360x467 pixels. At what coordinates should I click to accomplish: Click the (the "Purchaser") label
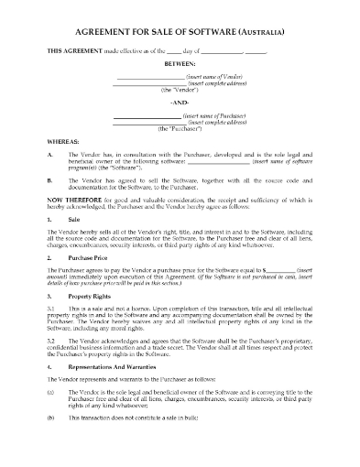coord(180,130)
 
